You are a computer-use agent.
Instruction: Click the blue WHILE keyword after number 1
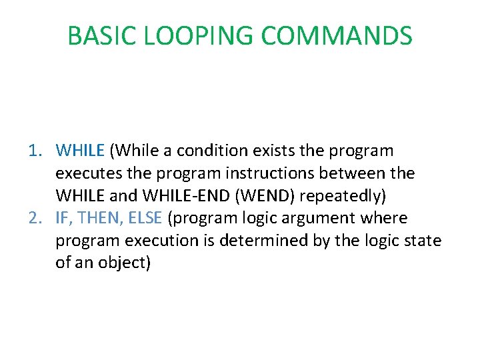pyautogui.click(x=81, y=151)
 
